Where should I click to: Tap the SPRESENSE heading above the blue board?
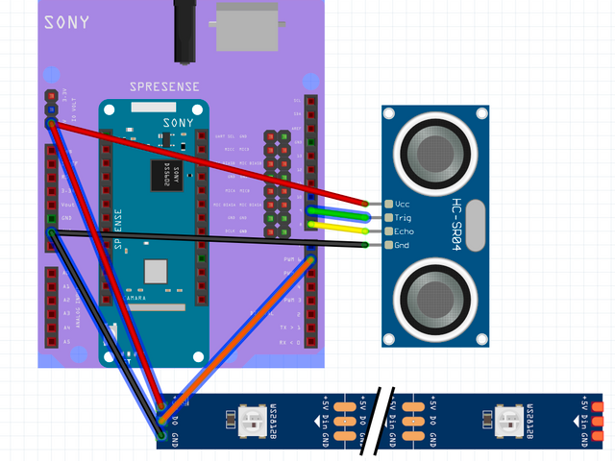click(x=164, y=86)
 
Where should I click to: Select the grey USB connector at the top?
click(x=247, y=26)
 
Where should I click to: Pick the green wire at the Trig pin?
click(x=336, y=213)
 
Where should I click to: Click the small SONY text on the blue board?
click(x=178, y=122)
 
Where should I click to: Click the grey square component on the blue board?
click(x=156, y=272)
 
